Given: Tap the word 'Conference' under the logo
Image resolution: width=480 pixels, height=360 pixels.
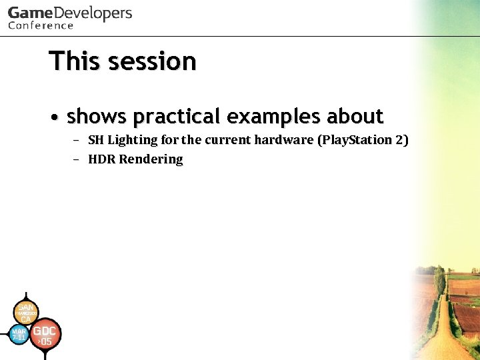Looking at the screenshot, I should coord(40,26).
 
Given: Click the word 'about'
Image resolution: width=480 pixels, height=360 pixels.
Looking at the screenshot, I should coord(355,117).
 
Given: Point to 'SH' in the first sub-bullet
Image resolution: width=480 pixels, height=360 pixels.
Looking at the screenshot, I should coord(96,140).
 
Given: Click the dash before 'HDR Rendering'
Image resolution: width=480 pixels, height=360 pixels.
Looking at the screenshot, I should coord(76,159).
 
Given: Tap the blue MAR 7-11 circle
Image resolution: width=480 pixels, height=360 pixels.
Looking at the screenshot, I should coord(19,334).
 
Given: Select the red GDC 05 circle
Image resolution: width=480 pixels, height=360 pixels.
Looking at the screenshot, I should coord(45,335).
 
